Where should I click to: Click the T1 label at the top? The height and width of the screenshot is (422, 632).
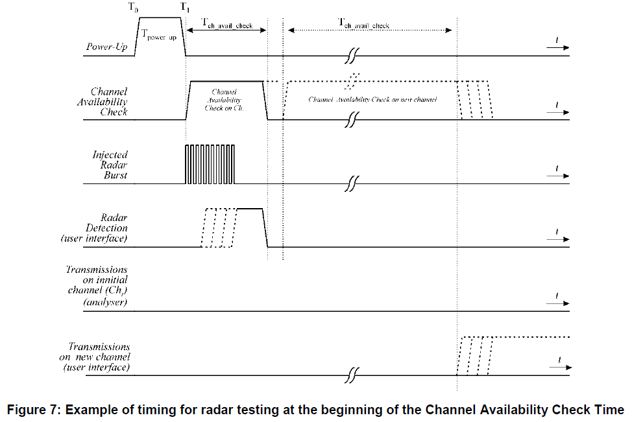point(185,8)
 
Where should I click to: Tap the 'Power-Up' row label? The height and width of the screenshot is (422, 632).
point(107,47)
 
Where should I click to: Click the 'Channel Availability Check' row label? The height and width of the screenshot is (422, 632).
point(108,102)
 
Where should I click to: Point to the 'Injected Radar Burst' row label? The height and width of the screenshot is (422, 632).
point(110,165)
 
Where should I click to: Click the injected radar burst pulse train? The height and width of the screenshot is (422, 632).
point(211,165)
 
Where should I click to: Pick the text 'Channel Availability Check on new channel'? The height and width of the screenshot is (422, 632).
point(372,100)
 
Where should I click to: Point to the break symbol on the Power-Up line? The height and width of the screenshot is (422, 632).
point(352,56)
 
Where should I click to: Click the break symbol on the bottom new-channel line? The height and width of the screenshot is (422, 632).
point(352,375)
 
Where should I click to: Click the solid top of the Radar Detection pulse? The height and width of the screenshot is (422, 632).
point(250,209)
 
